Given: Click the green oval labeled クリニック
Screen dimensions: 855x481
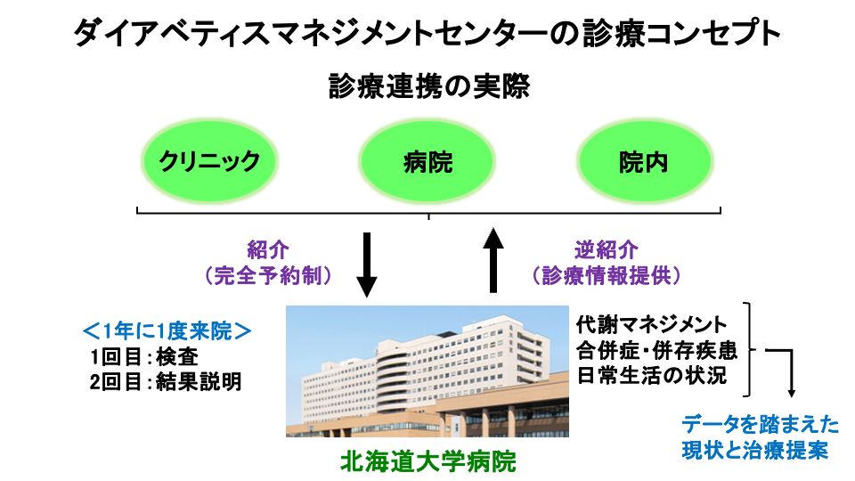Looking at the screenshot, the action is (x=209, y=161).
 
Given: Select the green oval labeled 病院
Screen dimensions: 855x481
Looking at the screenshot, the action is (x=427, y=161).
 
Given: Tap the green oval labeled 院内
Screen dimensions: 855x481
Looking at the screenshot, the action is (x=644, y=161).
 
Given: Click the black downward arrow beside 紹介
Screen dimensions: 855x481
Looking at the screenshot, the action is (x=366, y=265).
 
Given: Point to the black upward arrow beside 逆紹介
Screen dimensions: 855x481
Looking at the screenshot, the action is (x=493, y=260).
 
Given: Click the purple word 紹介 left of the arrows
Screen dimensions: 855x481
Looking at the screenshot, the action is (x=268, y=249).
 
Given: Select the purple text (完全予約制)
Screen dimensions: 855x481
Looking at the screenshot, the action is (x=268, y=275).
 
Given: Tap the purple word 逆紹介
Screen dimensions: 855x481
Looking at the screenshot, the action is (x=607, y=249).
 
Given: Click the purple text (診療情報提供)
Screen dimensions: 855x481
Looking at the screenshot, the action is (x=607, y=275).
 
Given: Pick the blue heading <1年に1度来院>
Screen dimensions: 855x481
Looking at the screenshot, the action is (x=167, y=331).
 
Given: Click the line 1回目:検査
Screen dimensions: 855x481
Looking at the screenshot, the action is (x=144, y=356).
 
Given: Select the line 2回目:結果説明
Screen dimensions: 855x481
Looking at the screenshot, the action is (x=166, y=382).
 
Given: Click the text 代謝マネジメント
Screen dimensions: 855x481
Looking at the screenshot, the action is (x=652, y=325).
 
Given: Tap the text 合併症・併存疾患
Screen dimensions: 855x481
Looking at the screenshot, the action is (x=657, y=351).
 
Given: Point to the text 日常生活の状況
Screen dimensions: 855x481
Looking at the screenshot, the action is (x=652, y=376).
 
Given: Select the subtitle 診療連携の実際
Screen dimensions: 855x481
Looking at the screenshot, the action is (x=429, y=86).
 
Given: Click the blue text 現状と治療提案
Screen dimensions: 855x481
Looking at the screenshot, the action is (x=755, y=451).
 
